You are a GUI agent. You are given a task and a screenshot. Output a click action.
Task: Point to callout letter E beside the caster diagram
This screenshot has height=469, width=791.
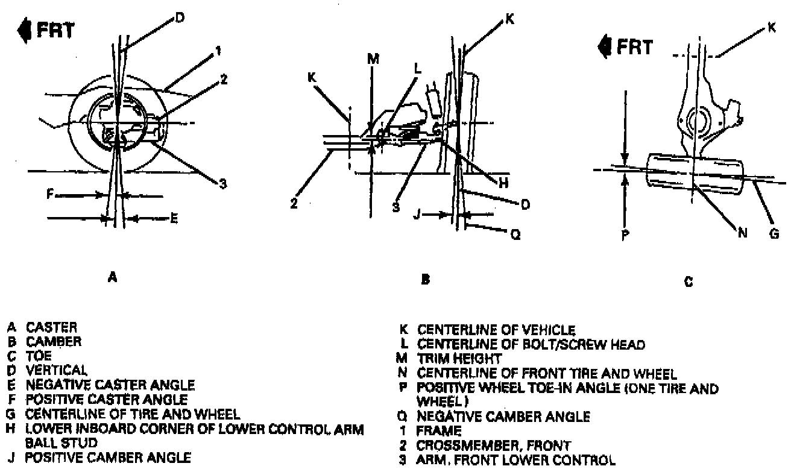coord(174,219)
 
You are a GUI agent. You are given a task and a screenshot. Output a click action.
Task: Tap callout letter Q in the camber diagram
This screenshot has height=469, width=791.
coord(514,236)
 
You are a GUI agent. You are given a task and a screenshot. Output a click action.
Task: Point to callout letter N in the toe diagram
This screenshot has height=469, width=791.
coord(742,234)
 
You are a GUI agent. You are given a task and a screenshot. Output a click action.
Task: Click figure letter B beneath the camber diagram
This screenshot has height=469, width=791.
coord(425,279)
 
